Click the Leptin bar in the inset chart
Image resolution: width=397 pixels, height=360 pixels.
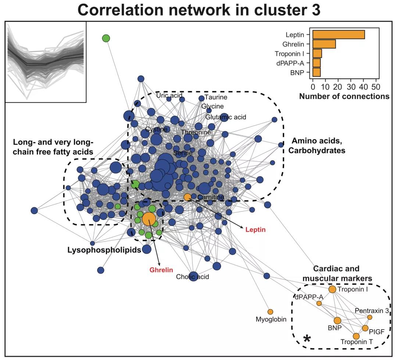point(339,35)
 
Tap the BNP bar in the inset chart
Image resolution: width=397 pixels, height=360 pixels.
point(316,72)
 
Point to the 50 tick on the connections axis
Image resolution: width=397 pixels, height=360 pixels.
point(376,88)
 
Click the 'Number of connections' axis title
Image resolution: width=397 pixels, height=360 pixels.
point(344,97)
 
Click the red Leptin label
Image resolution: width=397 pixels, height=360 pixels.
point(255,230)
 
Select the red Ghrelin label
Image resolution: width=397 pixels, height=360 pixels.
point(161,270)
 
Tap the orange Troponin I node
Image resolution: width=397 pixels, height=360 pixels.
point(332,289)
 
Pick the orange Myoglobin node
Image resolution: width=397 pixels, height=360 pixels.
point(270,312)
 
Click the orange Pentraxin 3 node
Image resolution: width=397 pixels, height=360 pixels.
point(370,317)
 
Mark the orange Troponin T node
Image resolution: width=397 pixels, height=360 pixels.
point(356,336)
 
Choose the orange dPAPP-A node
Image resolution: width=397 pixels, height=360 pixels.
point(319,303)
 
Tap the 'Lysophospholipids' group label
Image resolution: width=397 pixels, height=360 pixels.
point(104,250)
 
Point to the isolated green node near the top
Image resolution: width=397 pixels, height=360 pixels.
point(106,38)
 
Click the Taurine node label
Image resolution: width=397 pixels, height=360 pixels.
point(216,97)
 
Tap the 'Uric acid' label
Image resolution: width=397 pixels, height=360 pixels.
point(169,96)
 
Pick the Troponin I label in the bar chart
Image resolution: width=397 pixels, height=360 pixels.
point(289,54)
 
